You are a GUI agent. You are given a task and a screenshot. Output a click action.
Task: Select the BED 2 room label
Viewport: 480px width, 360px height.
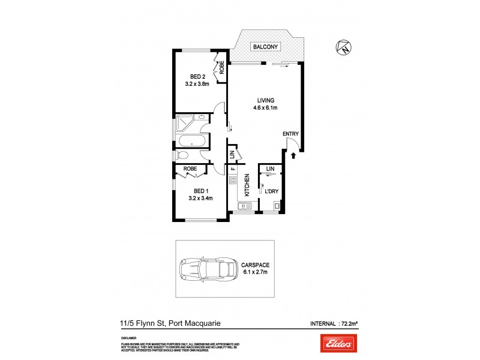coord(199,76)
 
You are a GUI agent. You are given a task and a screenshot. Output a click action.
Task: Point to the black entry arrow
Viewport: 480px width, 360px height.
coord(293,156)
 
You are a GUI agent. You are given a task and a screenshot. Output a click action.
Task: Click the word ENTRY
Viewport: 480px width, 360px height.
coord(292,134)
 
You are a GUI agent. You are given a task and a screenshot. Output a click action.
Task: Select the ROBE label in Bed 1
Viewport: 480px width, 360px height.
coord(191,169)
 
